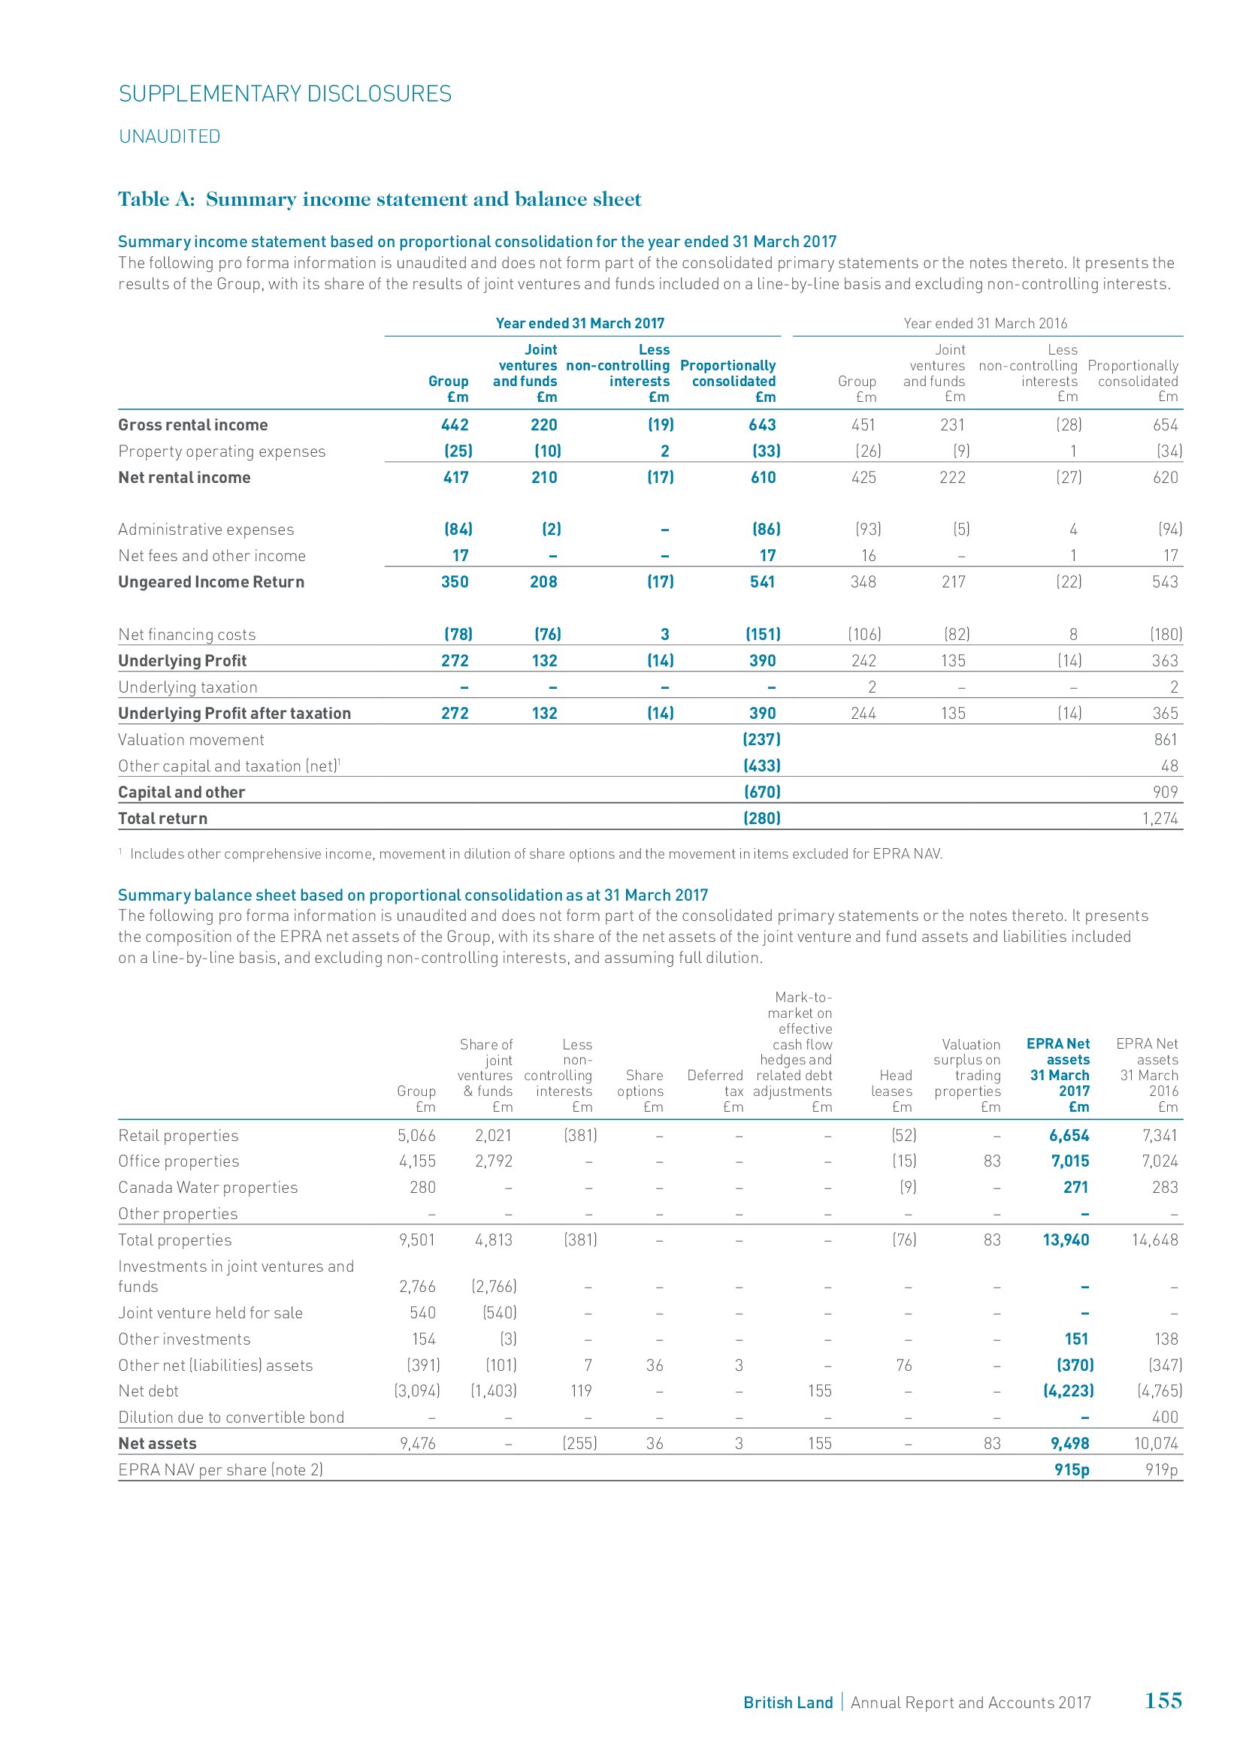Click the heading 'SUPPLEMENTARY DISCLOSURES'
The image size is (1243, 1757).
pos(285,94)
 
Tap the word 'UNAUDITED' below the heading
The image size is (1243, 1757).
pos(169,136)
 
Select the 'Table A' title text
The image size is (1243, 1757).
pos(379,200)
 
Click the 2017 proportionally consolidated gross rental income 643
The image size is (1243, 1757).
pos(761,424)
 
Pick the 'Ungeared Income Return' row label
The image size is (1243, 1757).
pos(210,581)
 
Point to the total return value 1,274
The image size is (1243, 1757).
pos(1160,818)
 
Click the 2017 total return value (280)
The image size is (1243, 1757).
pos(761,818)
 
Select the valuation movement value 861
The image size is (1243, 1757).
pos(1166,739)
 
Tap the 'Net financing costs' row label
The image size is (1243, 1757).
pos(187,635)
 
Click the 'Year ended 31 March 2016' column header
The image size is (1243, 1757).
pos(985,323)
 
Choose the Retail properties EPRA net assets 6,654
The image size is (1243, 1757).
pos(1069,1136)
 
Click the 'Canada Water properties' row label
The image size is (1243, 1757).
pos(207,1188)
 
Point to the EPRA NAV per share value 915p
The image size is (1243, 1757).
pos(1072,1469)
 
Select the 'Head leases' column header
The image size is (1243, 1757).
pos(893,1091)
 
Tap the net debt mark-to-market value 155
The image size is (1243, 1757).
pos(819,1390)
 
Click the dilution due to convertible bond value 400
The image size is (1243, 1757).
pos(1165,1417)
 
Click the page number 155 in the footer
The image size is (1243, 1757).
pos(1163,1701)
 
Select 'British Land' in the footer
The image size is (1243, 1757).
pos(788,1703)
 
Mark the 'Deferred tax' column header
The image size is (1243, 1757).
pos(715,1091)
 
